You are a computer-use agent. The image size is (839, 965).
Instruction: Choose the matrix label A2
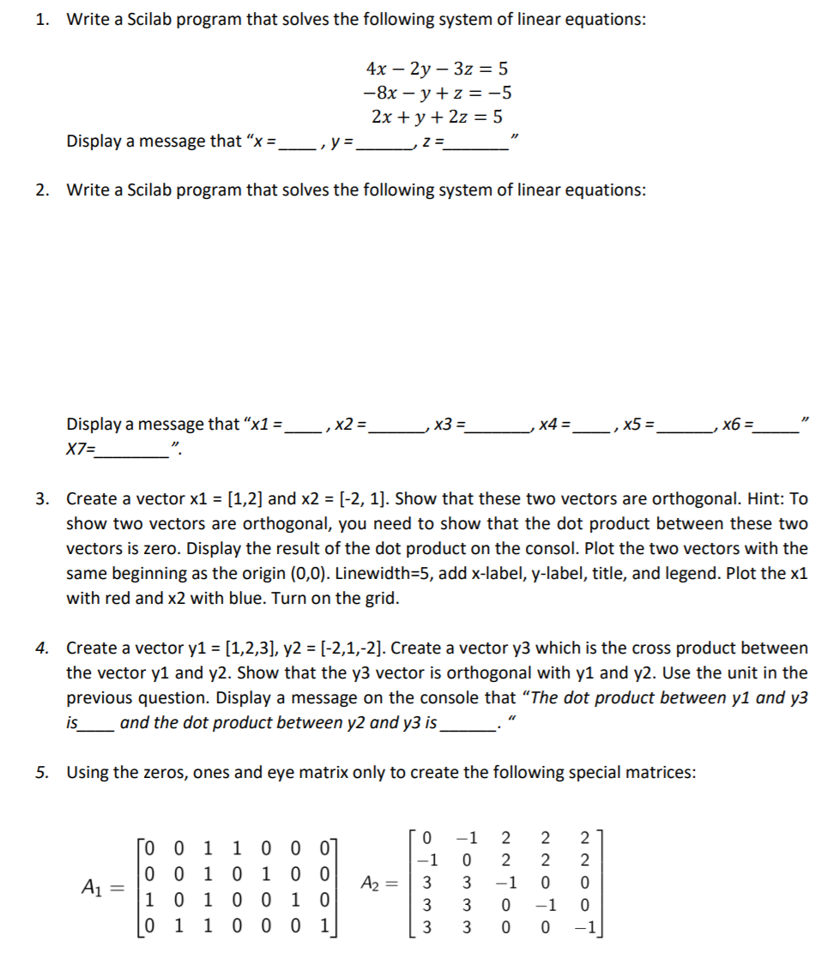click(376, 884)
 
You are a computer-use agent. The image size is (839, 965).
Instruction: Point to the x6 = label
click(739, 424)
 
